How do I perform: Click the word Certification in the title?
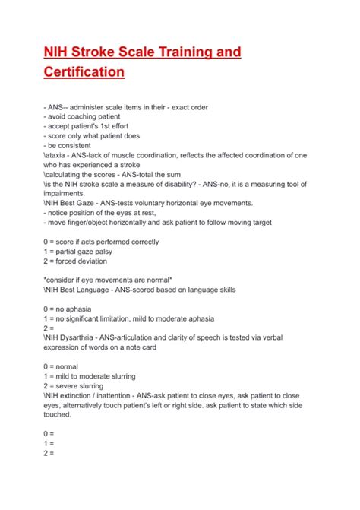point(84,73)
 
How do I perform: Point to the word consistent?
point(76,145)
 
